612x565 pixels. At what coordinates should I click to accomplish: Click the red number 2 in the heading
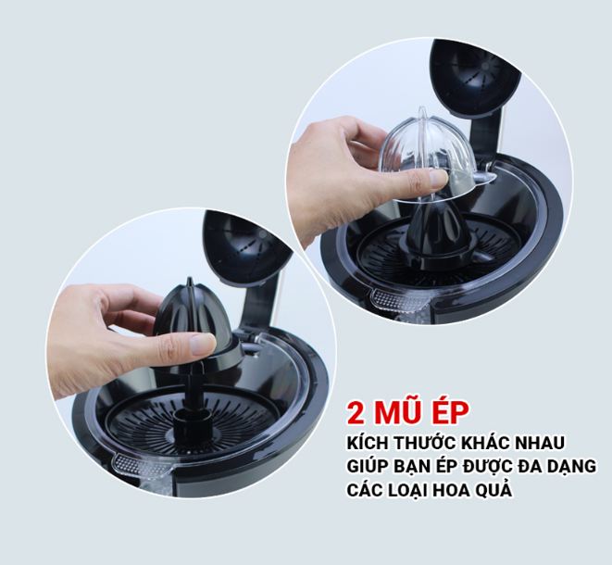tap(356, 413)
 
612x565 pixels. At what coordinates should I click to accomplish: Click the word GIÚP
tap(368, 466)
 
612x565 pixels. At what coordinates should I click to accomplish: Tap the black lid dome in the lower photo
tap(246, 246)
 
